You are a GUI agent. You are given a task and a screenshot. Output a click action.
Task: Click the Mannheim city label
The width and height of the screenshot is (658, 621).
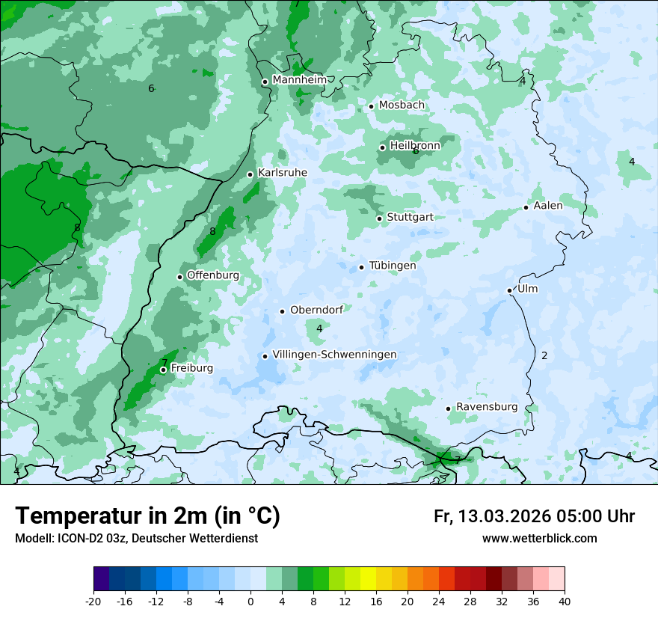[x=299, y=80]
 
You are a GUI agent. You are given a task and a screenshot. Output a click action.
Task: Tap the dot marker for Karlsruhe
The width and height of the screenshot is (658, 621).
[x=250, y=174]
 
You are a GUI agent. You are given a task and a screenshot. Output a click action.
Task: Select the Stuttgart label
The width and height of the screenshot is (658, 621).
[x=410, y=218]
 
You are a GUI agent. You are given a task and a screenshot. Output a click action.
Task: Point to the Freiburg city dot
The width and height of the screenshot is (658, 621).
[x=163, y=370]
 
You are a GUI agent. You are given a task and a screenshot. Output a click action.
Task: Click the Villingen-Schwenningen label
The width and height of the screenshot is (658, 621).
[x=334, y=355]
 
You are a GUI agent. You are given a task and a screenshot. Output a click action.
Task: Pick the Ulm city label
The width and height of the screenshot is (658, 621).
[x=527, y=289]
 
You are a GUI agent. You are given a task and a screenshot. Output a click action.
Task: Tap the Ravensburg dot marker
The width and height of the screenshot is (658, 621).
[x=449, y=409]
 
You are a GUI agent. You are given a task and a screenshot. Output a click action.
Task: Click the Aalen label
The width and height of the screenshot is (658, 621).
[x=548, y=206]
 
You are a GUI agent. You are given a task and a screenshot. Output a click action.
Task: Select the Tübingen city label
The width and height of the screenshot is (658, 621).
[x=393, y=266]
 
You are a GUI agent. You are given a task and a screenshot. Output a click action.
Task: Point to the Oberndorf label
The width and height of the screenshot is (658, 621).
[x=316, y=310]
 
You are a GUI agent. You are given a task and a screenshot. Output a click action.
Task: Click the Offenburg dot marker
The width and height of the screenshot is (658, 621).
[x=180, y=277]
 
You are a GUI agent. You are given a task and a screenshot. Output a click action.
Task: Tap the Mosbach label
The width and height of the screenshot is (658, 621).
[x=402, y=105]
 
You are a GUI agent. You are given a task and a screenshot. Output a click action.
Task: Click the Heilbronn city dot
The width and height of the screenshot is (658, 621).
[x=383, y=147]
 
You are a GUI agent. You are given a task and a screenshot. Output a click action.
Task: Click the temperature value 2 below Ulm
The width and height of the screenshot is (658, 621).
[x=544, y=356]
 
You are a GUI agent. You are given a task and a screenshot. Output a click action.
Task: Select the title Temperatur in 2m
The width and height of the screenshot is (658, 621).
[x=148, y=516]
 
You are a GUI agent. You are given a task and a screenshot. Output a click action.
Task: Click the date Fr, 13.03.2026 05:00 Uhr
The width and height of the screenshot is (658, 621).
[x=534, y=517]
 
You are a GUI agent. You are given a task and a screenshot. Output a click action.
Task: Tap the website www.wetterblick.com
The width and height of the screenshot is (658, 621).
[x=539, y=539]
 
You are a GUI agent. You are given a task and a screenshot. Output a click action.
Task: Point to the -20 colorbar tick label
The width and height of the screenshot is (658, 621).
[x=93, y=602]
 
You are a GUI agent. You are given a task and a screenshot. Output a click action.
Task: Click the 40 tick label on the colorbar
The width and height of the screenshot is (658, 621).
[x=565, y=602]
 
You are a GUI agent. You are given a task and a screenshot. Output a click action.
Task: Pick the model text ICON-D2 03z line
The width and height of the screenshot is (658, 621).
[x=136, y=539]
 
